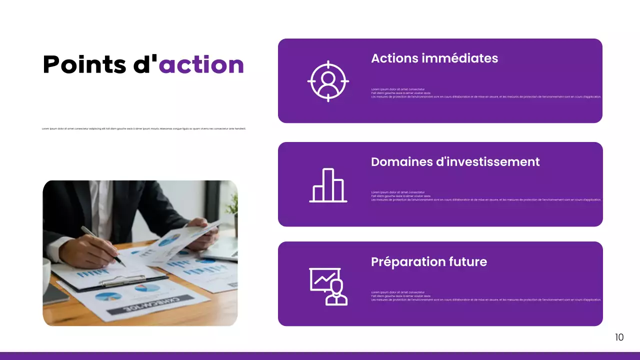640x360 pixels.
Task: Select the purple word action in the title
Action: pyautogui.click(x=201, y=64)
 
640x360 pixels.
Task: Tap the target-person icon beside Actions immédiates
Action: pyautogui.click(x=328, y=81)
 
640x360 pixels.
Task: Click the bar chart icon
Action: pyautogui.click(x=328, y=185)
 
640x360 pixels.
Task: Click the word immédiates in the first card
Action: pyautogui.click(x=460, y=58)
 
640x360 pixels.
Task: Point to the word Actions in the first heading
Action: pyautogui.click(x=394, y=58)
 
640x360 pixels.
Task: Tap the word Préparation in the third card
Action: pyautogui.click(x=405, y=262)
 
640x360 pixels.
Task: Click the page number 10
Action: pyautogui.click(x=619, y=337)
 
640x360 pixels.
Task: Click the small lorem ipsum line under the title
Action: pyautogui.click(x=144, y=129)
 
